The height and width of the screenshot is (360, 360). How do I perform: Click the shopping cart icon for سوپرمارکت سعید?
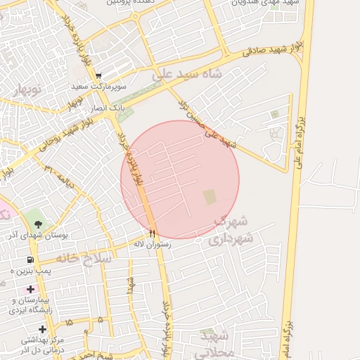click(99, 76)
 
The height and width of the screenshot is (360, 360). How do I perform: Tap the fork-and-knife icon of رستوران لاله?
click(152, 233)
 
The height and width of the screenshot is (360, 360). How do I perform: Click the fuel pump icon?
click(30, 259)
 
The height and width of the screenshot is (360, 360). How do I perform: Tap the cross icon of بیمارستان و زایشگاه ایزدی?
click(30, 289)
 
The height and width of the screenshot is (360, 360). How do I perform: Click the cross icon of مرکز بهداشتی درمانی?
click(43, 329)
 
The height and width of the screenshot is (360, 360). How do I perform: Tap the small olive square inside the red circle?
click(210, 197)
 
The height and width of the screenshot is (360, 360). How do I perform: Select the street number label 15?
click(68, 321)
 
